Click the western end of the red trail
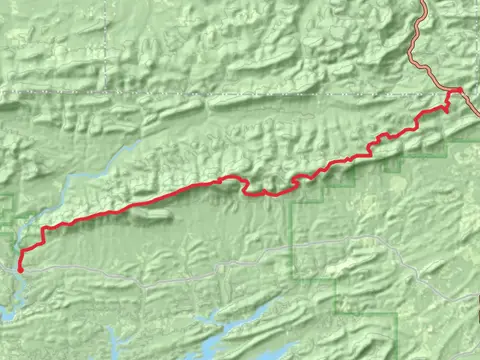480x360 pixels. [x=20, y=268]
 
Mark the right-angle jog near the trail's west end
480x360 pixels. [x=43, y=232]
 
